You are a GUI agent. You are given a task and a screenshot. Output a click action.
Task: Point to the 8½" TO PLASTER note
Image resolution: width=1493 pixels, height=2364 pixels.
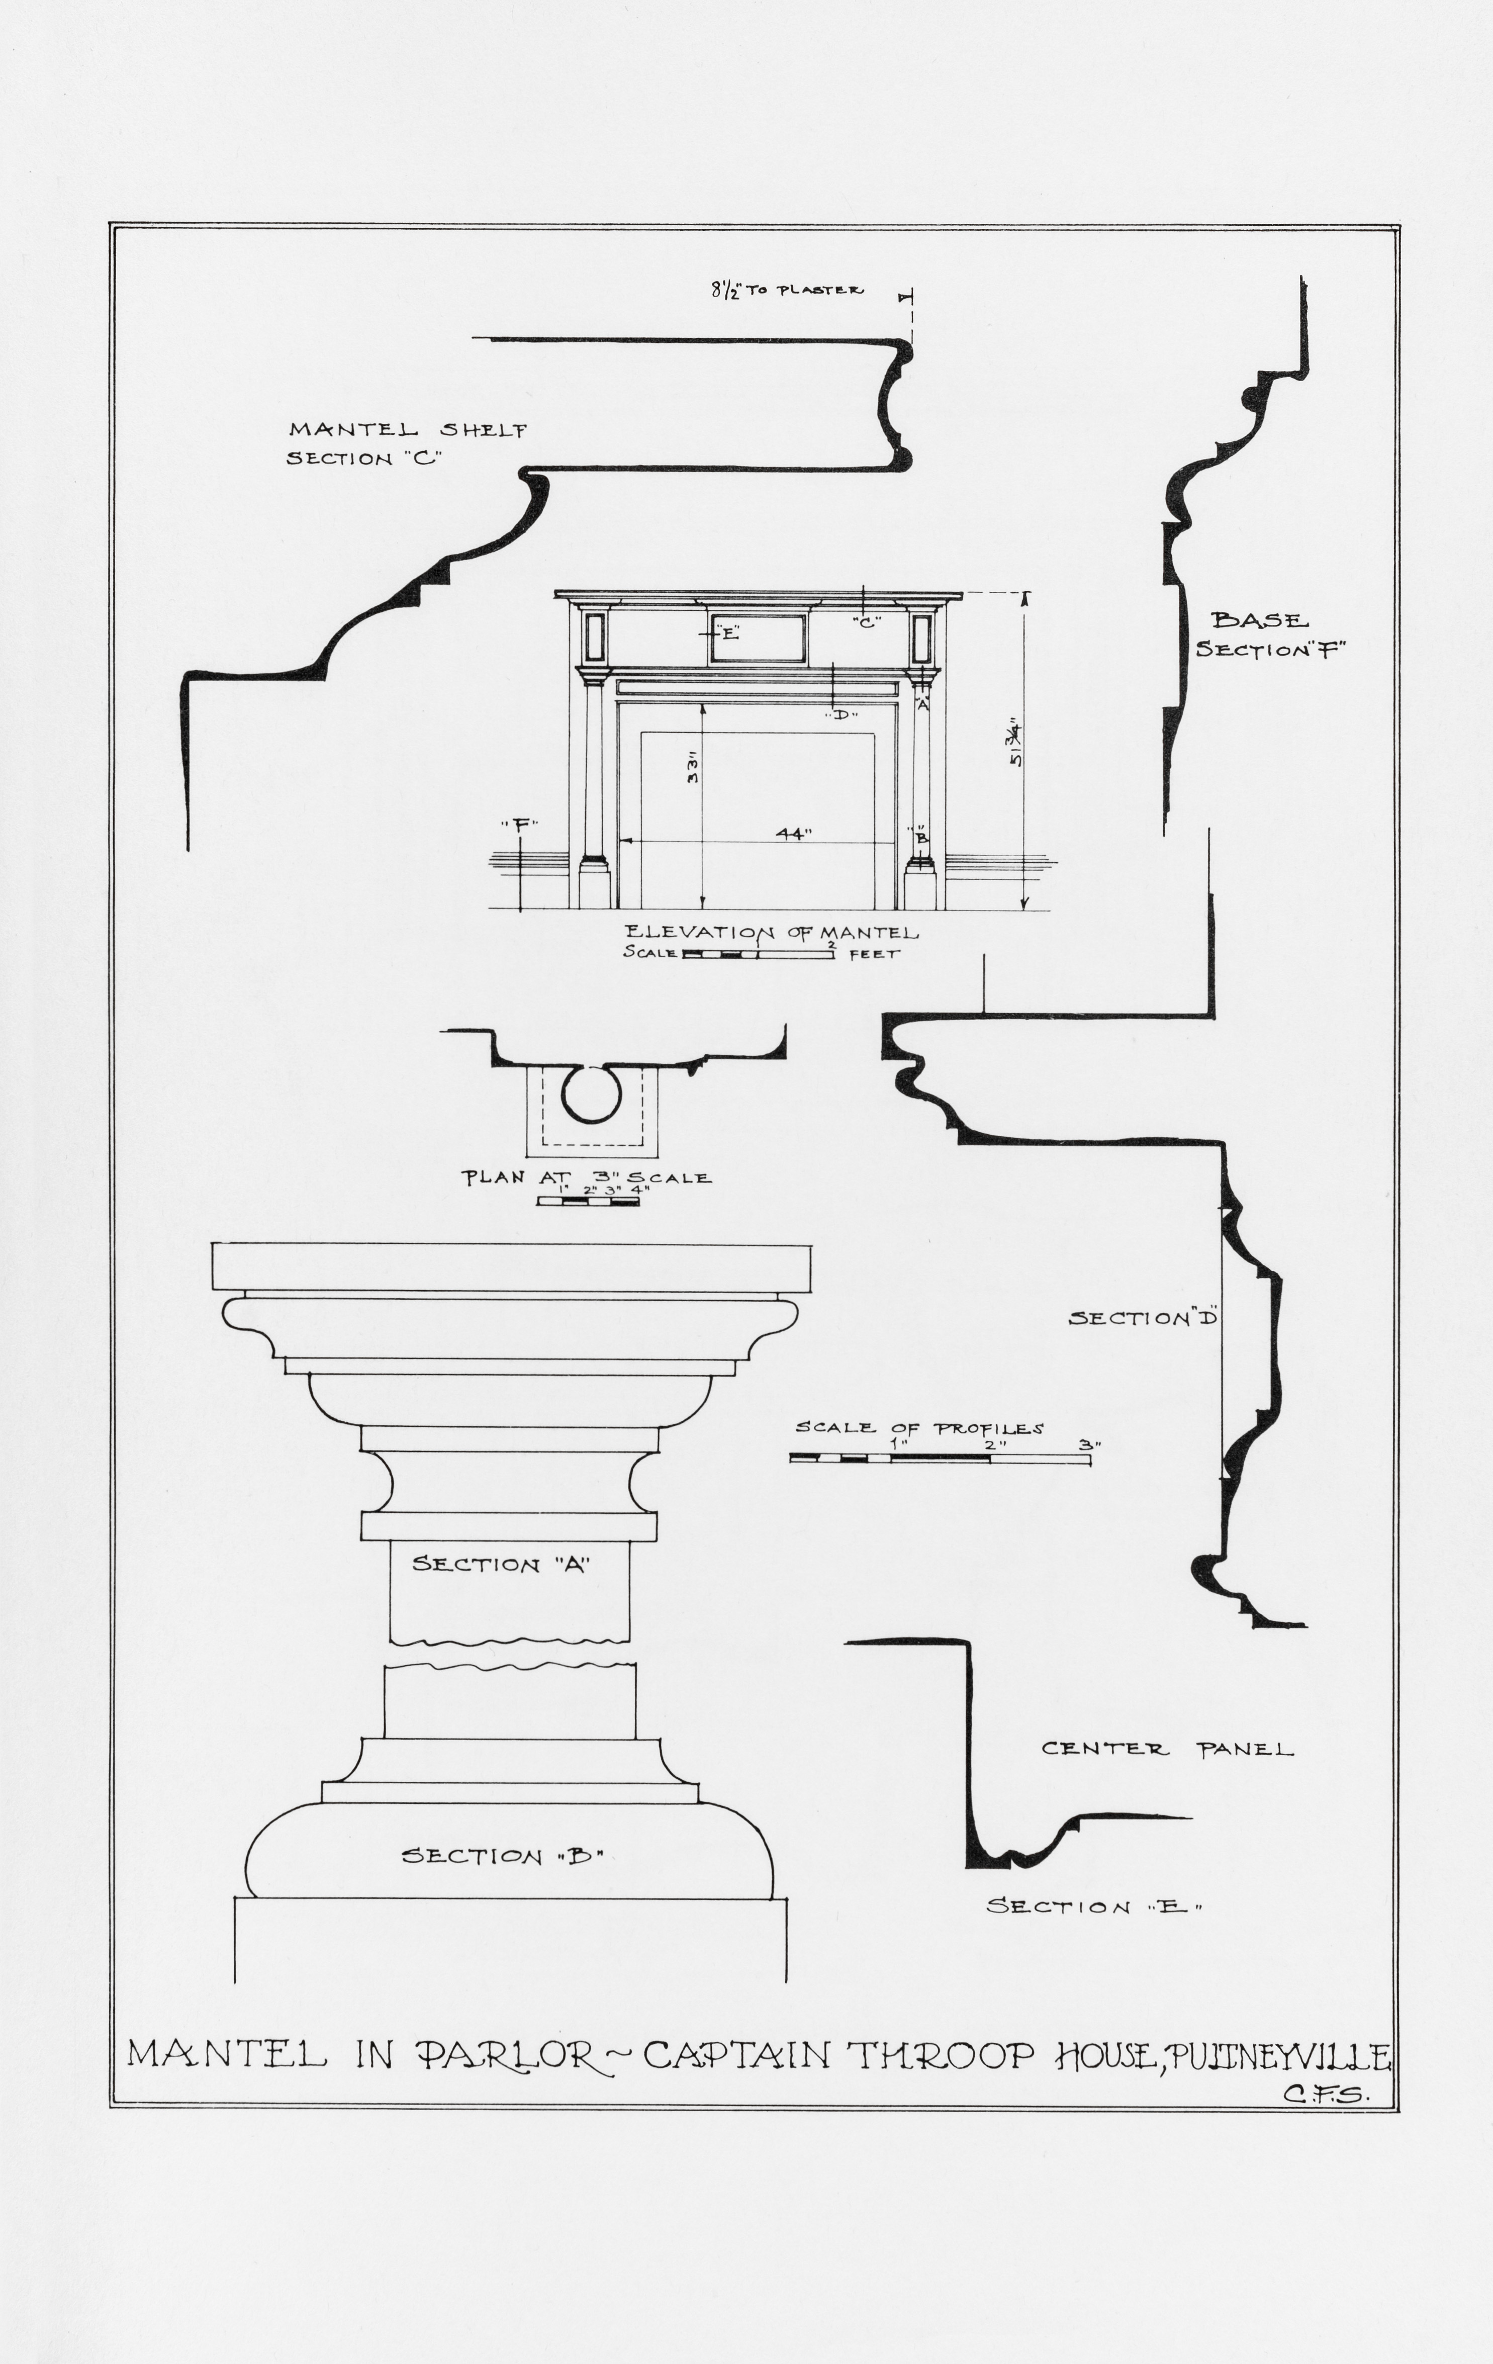click(787, 291)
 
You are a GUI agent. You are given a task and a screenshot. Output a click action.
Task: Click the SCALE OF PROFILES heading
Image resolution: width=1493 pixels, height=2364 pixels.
click(919, 1428)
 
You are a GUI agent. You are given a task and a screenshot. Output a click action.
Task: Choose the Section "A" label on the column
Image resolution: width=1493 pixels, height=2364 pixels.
click(500, 1564)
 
